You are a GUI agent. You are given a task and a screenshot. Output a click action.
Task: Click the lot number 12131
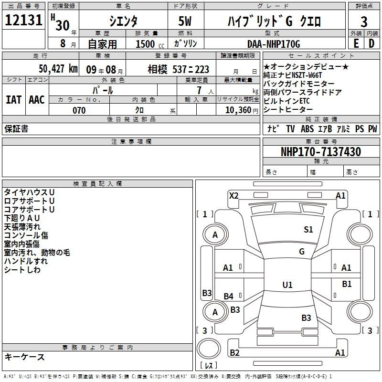(23, 20)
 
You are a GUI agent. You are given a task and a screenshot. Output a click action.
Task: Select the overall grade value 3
(364, 22)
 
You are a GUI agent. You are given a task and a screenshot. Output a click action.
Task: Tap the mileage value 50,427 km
(58, 69)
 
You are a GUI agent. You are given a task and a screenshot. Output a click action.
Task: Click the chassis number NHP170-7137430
(321, 151)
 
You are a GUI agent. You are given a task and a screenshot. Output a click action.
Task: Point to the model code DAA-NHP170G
(274, 44)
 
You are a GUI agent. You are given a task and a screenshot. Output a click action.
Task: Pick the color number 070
(79, 110)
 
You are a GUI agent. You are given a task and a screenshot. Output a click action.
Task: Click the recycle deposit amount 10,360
(238, 110)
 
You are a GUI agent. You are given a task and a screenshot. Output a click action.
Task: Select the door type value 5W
(185, 21)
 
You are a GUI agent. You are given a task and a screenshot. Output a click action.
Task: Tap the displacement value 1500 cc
(150, 44)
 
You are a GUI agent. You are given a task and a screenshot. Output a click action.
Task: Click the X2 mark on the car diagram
(234, 196)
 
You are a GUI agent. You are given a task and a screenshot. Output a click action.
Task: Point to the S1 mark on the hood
(308, 229)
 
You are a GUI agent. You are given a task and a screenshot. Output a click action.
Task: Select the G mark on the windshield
(302, 251)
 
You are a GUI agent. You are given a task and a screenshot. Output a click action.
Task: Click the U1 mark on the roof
(287, 285)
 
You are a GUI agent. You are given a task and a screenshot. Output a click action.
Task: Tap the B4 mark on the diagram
(229, 296)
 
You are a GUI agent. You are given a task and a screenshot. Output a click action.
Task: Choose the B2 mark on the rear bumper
(234, 352)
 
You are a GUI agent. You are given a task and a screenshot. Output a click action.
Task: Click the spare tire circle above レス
(209, 349)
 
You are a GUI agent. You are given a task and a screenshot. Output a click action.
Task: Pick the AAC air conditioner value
(37, 100)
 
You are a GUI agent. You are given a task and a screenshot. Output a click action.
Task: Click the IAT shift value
(13, 100)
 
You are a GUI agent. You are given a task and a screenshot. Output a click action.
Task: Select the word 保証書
(16, 128)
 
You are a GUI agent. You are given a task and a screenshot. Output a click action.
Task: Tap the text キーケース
(25, 357)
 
